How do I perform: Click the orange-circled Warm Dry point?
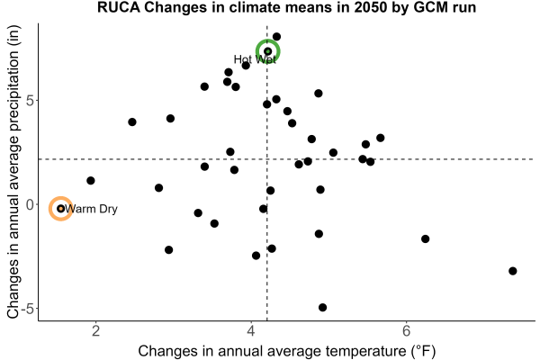60,209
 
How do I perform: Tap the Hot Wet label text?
255,59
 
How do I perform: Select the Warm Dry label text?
91,209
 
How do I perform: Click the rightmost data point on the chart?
513,271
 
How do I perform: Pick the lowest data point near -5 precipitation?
323,307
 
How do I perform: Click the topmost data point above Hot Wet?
276,37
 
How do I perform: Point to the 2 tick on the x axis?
95,330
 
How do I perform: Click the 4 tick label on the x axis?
251,330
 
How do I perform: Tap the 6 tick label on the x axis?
407,330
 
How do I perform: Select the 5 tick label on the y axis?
30,101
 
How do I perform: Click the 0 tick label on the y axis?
30,204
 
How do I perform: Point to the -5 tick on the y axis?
28,309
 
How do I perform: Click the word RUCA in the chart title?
119,7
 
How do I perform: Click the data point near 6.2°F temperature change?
426,238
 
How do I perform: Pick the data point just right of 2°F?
91,181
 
